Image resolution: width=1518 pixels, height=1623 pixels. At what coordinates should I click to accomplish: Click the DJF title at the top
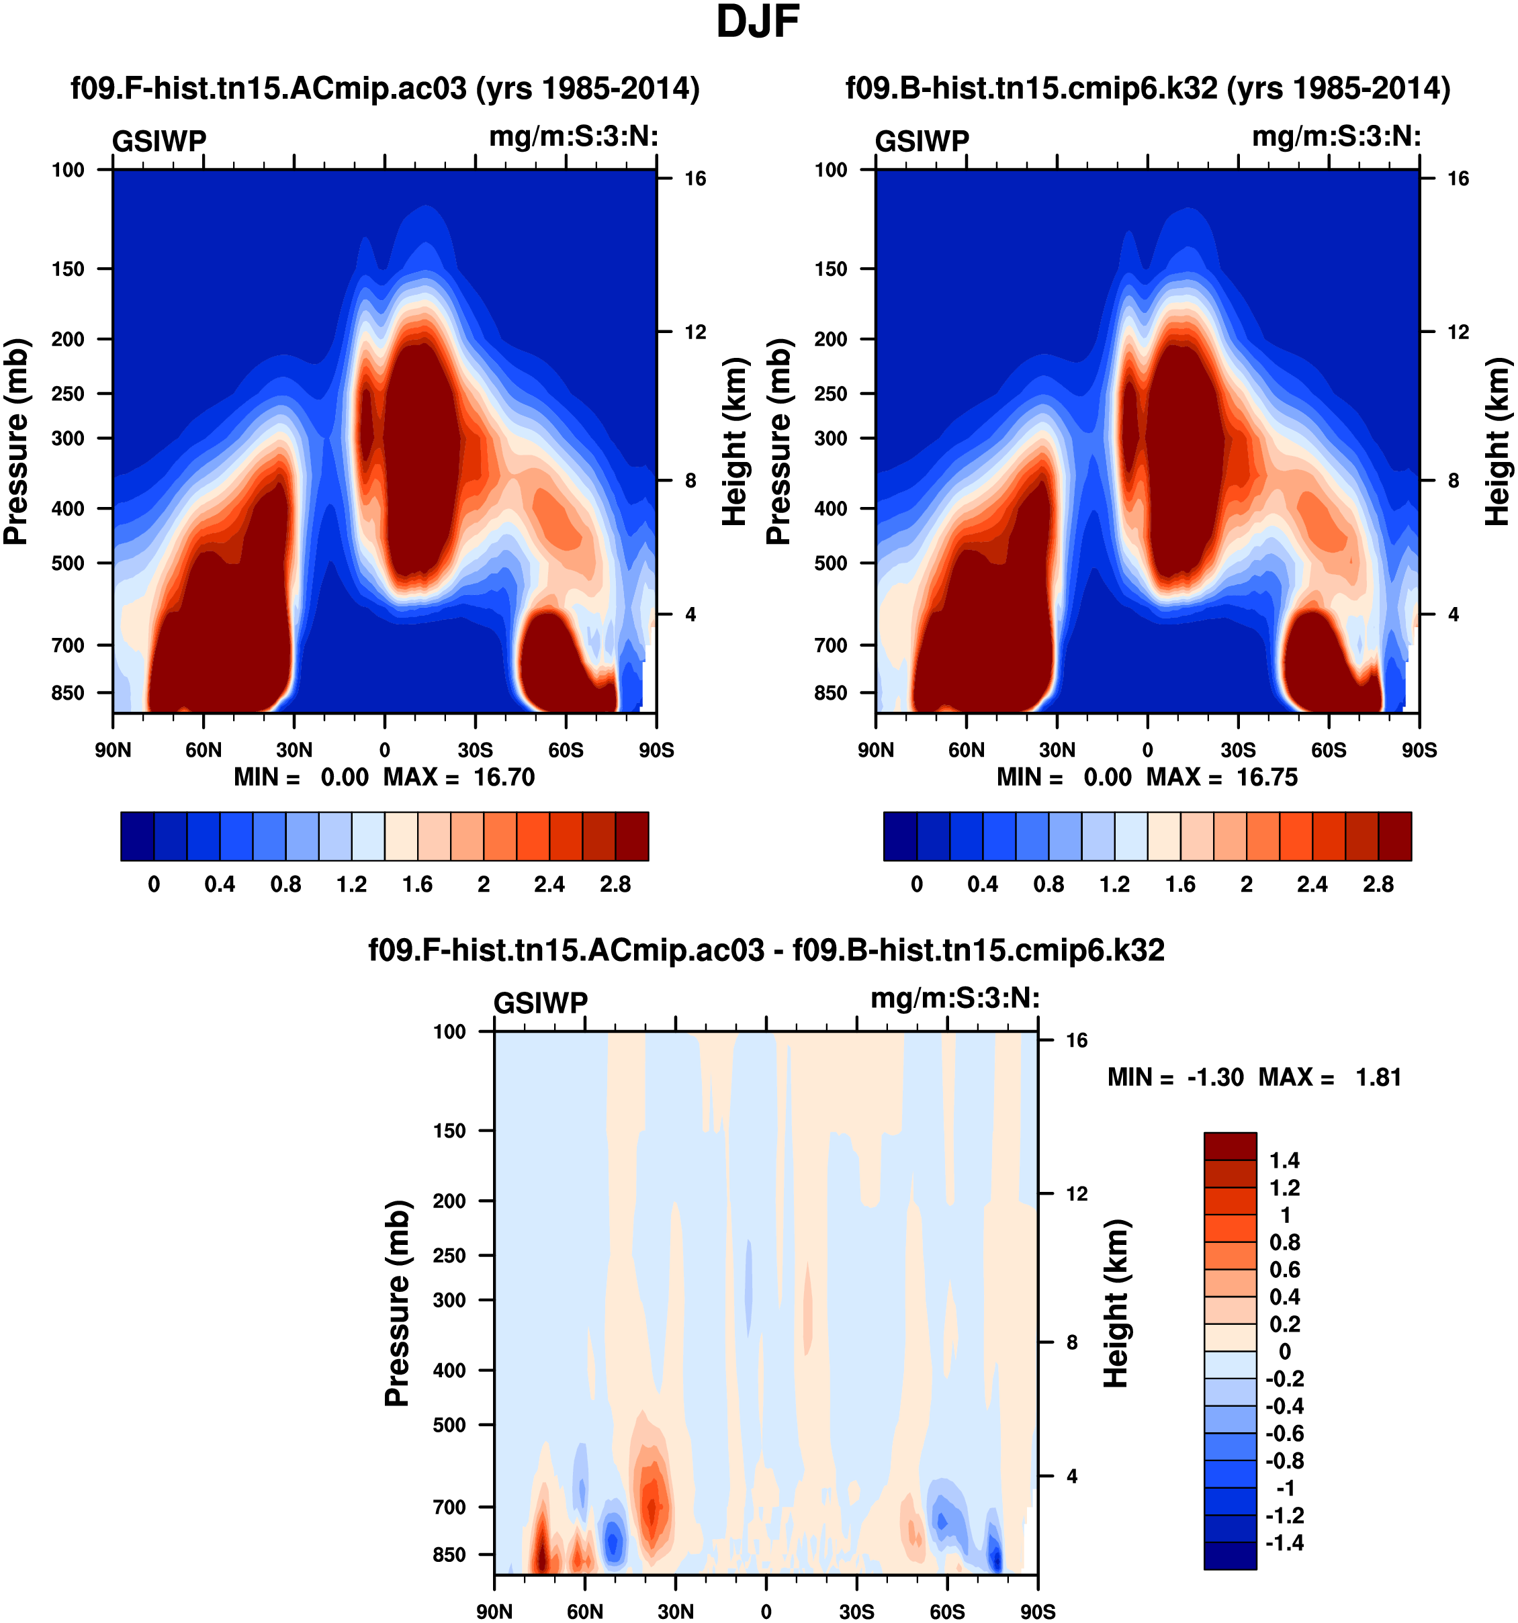757,23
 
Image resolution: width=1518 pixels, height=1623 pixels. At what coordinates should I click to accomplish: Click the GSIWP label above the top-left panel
159,141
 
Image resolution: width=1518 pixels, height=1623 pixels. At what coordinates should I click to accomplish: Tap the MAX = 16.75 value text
1222,777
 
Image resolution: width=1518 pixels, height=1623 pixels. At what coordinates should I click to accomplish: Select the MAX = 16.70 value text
459,777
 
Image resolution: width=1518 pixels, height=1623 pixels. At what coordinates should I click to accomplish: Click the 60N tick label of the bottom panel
584,1612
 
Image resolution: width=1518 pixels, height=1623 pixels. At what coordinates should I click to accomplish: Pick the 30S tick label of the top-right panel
1238,750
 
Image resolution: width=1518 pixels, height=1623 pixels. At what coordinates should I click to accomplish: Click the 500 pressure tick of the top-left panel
68,563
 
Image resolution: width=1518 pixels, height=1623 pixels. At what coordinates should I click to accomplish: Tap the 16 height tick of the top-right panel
1458,179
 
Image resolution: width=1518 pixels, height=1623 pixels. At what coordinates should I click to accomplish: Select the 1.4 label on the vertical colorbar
1284,1160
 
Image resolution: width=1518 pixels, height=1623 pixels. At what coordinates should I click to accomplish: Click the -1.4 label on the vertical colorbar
1284,1542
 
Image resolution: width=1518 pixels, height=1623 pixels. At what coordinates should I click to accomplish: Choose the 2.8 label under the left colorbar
615,885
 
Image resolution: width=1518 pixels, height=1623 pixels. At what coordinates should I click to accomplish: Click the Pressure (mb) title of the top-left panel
16,442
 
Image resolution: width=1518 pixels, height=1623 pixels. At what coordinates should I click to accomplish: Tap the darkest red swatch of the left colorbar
632,836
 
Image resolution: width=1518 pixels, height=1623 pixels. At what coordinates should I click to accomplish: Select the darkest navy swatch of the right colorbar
900,836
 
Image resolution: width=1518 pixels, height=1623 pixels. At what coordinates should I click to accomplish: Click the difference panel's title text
766,950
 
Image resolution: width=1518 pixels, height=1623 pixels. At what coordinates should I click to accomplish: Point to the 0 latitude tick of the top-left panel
385,750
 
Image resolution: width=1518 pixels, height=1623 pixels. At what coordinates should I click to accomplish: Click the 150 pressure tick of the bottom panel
449,1131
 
